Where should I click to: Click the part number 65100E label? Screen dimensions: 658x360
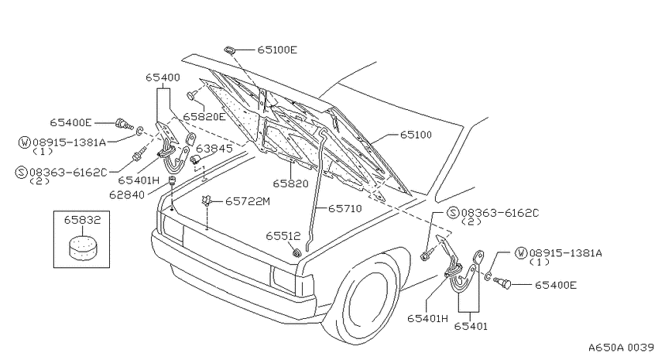277,50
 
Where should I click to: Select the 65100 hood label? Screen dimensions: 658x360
416,135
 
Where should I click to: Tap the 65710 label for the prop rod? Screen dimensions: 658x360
345,208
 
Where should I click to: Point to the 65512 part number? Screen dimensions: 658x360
283,236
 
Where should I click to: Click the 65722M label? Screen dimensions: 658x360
248,202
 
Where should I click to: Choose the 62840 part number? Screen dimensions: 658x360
127,195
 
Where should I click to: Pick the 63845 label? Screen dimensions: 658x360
214,149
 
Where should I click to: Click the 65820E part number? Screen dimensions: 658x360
204,117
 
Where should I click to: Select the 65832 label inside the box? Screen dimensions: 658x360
82,220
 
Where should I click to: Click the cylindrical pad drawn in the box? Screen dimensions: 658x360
83,247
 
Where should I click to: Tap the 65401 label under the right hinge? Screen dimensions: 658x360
471,326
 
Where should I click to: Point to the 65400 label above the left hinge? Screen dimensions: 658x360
163,77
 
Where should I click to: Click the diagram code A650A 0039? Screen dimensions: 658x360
621,348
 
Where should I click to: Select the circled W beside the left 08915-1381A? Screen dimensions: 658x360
24,142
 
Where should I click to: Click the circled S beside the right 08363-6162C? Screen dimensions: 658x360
453,213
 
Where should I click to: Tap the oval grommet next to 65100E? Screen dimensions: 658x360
230,50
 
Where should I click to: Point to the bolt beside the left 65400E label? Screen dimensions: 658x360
124,124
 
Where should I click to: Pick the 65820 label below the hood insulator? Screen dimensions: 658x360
290,183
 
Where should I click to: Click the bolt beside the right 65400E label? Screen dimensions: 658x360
502,283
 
